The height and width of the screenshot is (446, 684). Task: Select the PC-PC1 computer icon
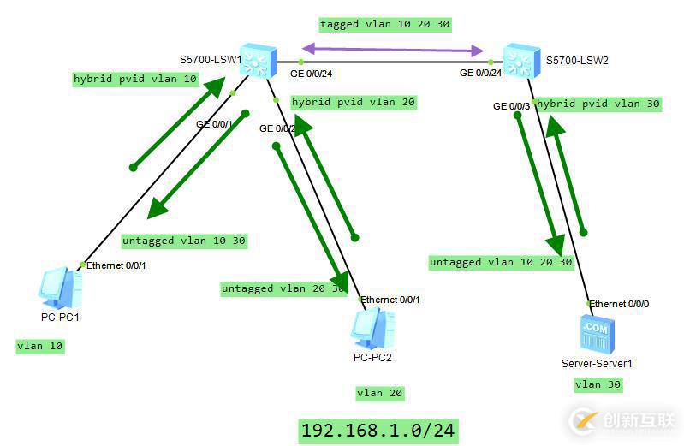coord(61,288)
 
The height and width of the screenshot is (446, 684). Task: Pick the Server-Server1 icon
coord(596,333)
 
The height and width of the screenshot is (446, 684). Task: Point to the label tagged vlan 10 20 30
coord(384,24)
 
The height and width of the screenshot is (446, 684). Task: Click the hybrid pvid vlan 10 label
coord(135,79)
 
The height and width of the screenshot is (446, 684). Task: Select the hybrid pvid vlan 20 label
coord(354,102)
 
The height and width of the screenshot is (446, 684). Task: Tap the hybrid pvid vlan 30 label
coord(598,104)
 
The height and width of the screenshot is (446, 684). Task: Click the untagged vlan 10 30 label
coord(183,241)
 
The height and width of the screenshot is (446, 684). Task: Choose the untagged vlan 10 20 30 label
coord(501,262)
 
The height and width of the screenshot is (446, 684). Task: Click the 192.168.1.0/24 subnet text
coord(378,430)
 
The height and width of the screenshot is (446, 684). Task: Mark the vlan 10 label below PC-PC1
coord(40,346)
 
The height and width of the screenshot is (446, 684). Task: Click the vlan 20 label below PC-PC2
coord(379,393)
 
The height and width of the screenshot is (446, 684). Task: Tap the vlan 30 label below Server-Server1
coord(598,384)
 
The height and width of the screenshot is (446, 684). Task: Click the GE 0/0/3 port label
coord(511,106)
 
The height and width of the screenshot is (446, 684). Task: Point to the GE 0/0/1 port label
coord(214,124)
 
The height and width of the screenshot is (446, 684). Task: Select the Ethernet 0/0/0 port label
coord(620,304)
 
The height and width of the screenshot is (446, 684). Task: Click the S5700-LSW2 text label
coord(577,61)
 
